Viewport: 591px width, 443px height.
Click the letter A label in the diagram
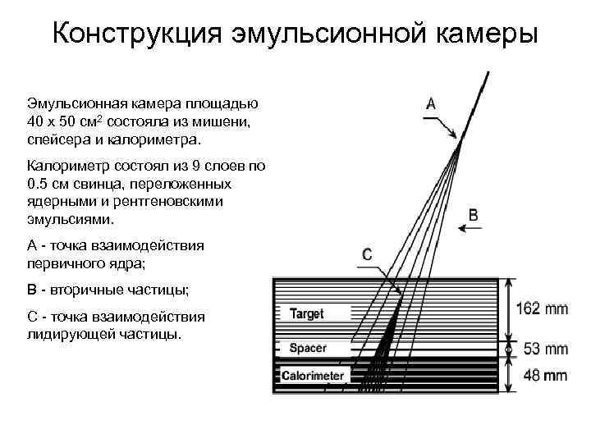click(x=431, y=103)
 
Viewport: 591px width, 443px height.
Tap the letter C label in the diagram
click(x=366, y=255)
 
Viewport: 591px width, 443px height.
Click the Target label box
click(x=306, y=313)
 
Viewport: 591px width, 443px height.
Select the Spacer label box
click(x=308, y=348)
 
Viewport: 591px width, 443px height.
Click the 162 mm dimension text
click(x=542, y=309)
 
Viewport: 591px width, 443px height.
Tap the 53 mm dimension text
click(x=545, y=349)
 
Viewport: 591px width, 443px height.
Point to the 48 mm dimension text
click(x=545, y=376)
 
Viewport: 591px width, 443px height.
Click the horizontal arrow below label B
click(x=472, y=231)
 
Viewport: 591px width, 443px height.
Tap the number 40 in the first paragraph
click(x=36, y=121)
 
